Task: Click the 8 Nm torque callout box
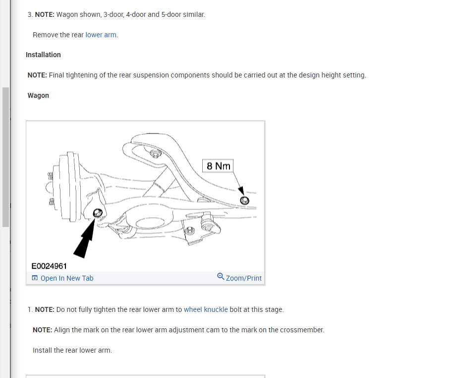click(x=219, y=166)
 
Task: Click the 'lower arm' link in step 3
click(x=101, y=35)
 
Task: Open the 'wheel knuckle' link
click(x=206, y=309)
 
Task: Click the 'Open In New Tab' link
click(x=66, y=278)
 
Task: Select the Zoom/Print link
click(x=243, y=278)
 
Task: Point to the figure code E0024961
click(x=49, y=266)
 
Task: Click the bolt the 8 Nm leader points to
click(x=244, y=200)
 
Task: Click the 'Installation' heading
click(x=43, y=55)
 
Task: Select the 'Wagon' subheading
click(x=38, y=95)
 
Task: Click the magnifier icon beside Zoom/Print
click(x=221, y=277)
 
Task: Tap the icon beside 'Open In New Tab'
click(x=35, y=278)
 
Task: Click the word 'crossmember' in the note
click(x=302, y=330)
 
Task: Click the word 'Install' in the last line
click(x=42, y=350)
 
